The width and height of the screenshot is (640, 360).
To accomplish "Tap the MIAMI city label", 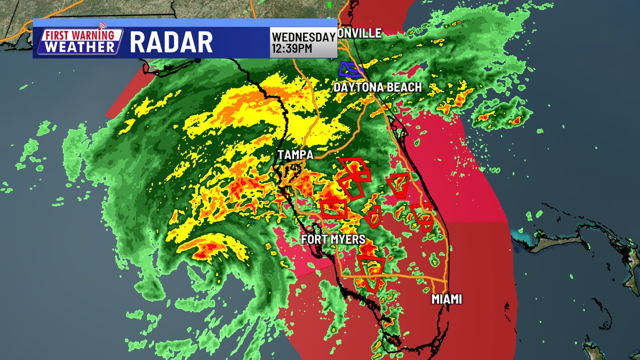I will tap(446, 299).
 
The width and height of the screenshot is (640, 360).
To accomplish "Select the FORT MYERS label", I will tap(333, 239).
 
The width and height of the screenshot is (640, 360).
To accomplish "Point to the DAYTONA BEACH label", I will tap(377, 87).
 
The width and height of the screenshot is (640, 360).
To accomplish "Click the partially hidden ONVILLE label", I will tap(359, 33).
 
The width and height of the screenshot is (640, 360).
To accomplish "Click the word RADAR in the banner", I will tap(171, 42).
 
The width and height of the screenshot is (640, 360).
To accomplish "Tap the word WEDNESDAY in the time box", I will tap(303, 37).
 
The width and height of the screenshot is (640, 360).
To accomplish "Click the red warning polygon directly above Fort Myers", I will tap(333, 208).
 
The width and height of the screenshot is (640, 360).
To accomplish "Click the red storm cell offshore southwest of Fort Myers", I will tap(206, 248).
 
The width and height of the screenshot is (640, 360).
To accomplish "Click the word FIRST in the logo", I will tap(58, 36).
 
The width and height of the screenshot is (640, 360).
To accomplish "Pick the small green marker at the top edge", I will tap(329, 4).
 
